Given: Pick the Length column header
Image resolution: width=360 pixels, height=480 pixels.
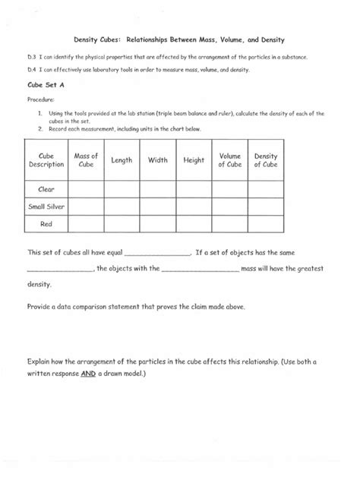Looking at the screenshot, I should point(122,160).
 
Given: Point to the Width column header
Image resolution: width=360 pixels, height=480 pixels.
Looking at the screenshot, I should point(158,160).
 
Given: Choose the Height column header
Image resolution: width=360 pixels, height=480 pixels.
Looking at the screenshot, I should point(194,160).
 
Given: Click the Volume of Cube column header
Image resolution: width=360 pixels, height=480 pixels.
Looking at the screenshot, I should point(229,160).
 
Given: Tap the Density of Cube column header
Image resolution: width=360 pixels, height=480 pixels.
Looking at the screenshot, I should point(266,160).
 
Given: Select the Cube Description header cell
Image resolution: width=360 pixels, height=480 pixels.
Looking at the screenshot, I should point(47,160).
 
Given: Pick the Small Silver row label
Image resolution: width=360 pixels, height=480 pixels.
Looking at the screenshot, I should point(47,205).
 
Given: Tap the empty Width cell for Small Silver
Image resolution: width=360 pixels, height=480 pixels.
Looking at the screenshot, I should point(158,205).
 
